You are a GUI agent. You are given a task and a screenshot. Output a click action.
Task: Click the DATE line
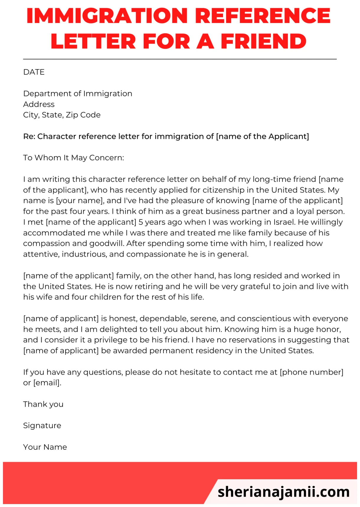point(34,72)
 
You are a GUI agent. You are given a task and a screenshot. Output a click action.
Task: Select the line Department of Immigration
point(78,94)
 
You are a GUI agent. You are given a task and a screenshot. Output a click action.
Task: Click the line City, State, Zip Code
point(62,115)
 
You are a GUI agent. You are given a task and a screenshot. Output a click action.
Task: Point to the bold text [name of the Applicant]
point(262,136)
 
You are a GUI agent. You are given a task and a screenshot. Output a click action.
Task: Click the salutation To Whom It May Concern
point(73,158)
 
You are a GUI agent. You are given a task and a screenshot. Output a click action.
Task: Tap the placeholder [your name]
point(80,201)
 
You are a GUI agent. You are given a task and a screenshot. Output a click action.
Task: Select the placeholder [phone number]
point(311,372)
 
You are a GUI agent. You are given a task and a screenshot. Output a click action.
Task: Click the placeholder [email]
point(47,383)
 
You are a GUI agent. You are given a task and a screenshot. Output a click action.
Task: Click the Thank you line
point(43,404)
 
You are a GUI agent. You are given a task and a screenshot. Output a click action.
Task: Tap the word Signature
point(42,426)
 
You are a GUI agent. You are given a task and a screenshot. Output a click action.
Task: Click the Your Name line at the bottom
point(45,447)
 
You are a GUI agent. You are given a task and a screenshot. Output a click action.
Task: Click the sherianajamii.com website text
point(283,492)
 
